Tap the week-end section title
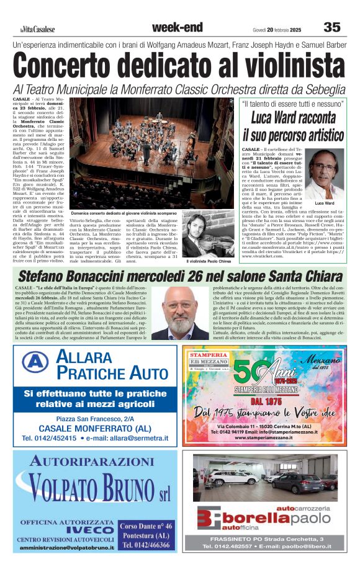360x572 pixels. coord(177,27)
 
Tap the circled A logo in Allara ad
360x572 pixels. coord(35,361)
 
